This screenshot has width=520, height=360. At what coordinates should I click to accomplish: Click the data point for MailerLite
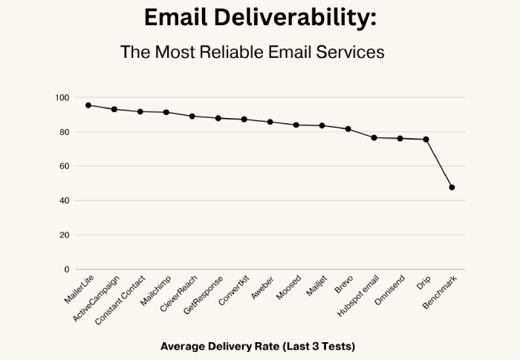point(88,105)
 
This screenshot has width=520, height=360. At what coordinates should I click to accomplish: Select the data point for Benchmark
point(452,187)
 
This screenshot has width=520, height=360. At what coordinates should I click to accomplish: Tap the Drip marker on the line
point(426,140)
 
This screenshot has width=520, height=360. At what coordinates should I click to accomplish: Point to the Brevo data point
point(348,129)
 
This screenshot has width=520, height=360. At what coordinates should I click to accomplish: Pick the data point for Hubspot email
point(374,138)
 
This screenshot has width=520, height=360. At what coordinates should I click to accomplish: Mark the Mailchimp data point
point(166,112)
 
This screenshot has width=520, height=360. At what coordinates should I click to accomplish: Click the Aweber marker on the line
point(270,122)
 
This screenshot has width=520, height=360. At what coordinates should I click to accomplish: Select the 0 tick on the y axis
point(66,269)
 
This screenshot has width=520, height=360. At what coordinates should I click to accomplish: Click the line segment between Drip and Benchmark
point(439,163)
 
